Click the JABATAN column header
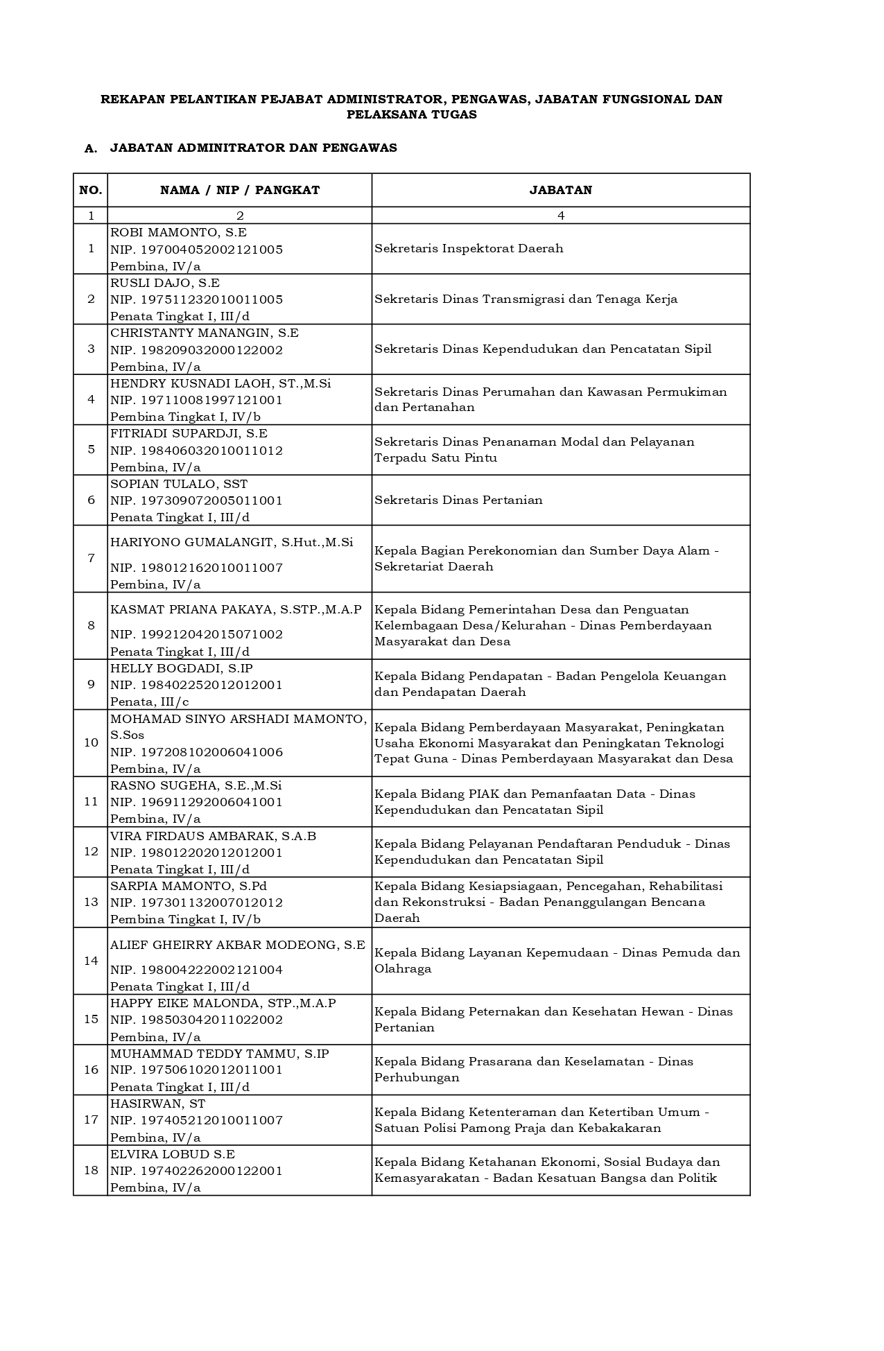(560, 190)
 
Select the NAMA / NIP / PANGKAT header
(240, 190)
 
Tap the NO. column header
(91, 190)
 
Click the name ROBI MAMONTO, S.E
(178, 232)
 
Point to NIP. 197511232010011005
(196, 299)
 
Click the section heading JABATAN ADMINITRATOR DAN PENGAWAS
(253, 148)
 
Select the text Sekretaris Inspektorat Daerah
(469, 248)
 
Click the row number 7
(91, 558)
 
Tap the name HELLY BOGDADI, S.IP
(182, 668)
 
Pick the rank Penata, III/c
(150, 701)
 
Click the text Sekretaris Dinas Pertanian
(458, 500)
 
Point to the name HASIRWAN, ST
(158, 1104)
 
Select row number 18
(91, 1170)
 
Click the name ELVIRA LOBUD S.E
(173, 1154)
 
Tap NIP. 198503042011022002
(196, 1020)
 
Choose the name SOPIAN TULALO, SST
(179, 484)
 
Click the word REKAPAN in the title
(129, 99)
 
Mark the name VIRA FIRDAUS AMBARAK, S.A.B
(213, 836)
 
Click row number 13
(91, 902)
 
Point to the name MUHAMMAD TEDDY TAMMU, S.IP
(219, 1054)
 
